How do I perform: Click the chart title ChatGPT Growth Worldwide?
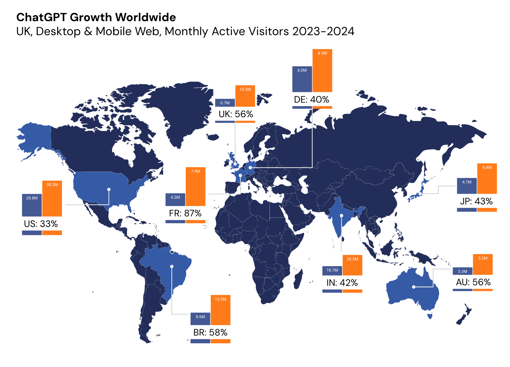[x=96, y=17]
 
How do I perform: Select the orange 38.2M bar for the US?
[x=52, y=198]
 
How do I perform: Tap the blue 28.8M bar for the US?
[x=32, y=205]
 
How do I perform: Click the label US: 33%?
[x=41, y=224]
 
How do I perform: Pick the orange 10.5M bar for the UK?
[x=245, y=96]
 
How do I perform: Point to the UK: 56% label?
[x=236, y=114]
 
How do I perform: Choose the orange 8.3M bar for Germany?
[x=322, y=71]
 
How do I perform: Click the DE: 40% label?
[x=312, y=99]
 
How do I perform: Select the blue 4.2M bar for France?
[x=175, y=200]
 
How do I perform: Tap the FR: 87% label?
[x=185, y=213]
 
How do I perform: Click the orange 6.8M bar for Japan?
[x=487, y=179]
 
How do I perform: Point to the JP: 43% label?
[x=476, y=201]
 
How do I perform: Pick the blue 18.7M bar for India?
[x=332, y=270]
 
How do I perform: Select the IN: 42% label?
[x=342, y=283]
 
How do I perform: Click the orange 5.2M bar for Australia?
[x=483, y=264]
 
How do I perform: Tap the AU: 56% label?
[x=473, y=282]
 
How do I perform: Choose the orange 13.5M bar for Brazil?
[x=220, y=310]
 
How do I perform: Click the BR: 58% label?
[x=210, y=332]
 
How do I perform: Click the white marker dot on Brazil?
[x=172, y=266]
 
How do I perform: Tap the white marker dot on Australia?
[x=413, y=287]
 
